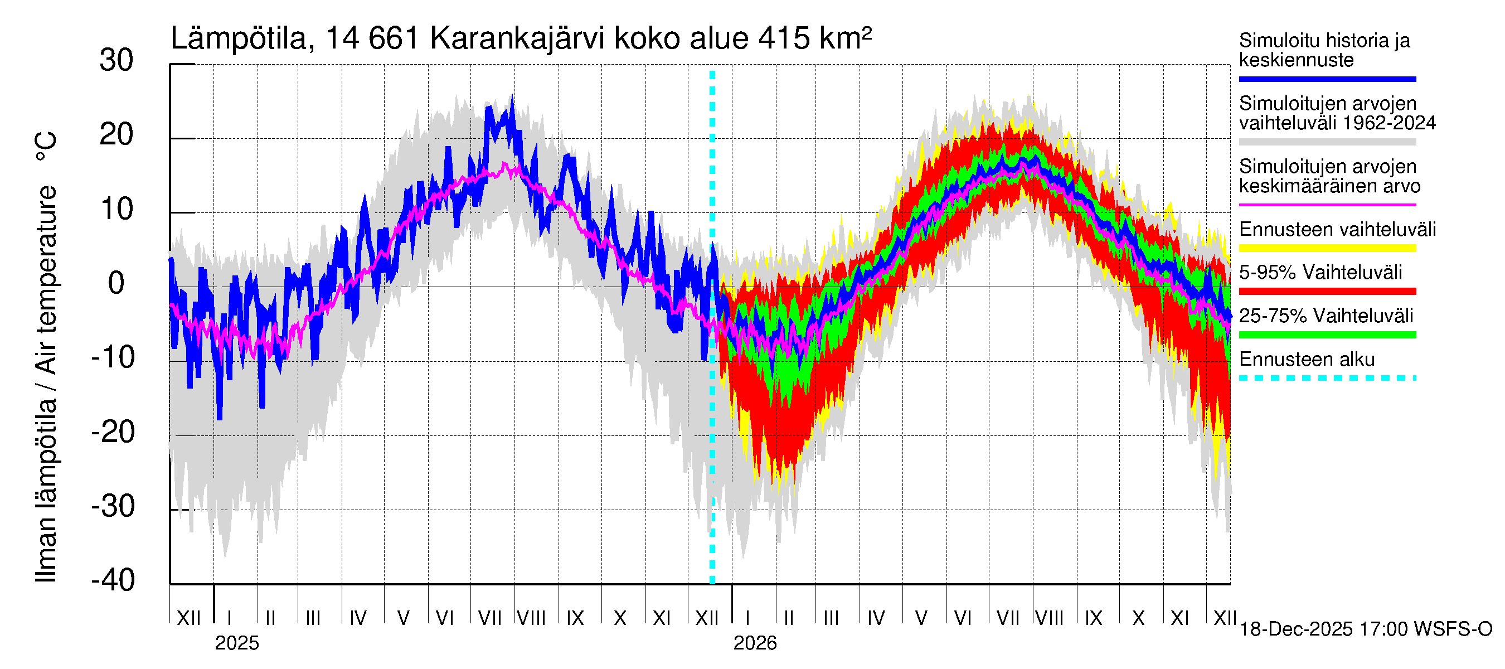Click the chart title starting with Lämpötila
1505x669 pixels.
[x=521, y=38]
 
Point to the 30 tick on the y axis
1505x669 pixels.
[x=116, y=61]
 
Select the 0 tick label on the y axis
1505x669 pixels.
[x=116, y=283]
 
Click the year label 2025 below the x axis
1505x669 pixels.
[x=236, y=643]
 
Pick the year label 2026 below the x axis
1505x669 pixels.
[x=755, y=643]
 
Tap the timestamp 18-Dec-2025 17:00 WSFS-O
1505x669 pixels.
[x=1365, y=629]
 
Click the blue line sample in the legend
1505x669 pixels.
[x=1327, y=79]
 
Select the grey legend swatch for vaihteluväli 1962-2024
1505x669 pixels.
[x=1327, y=142]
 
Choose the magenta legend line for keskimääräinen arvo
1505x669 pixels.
[x=1327, y=205]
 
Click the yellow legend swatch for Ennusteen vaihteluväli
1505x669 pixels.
[x=1327, y=248]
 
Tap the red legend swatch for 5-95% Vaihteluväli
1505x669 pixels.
[x=1327, y=291]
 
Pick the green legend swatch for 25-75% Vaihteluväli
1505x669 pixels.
[x=1327, y=335]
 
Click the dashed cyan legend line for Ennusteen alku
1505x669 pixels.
[x=1327, y=378]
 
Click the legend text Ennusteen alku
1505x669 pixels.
[x=1307, y=360]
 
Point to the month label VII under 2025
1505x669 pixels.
[x=489, y=618]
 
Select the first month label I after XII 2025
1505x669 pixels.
[x=749, y=618]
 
